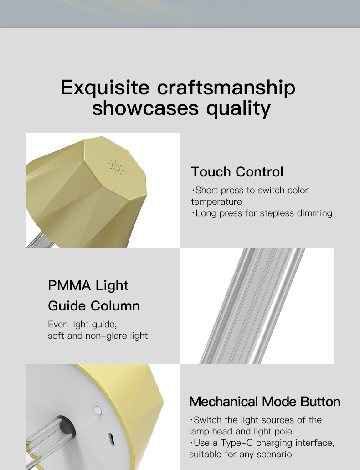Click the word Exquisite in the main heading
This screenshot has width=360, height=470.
[105, 88]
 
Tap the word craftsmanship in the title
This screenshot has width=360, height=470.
[226, 88]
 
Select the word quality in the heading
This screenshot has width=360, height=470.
[239, 108]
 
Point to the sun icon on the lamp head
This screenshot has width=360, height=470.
[116, 167]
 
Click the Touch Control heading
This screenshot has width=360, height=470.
[237, 172]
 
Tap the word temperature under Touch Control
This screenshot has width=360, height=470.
[216, 202]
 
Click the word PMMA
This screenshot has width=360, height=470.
[69, 285]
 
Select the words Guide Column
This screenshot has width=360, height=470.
[94, 306]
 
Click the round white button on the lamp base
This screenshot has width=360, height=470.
[98, 410]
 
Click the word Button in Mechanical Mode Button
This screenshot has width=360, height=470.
[320, 402]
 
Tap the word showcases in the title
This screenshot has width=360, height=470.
[145, 108]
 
